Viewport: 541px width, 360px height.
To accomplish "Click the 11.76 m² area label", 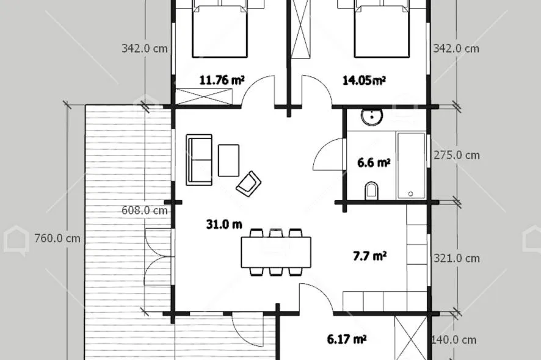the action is pos(222,81).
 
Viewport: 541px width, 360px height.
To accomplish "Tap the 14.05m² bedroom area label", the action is pos(364,81).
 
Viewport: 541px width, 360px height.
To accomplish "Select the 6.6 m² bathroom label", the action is pos(374,162).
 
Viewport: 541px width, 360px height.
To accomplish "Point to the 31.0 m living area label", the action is pos(224,225).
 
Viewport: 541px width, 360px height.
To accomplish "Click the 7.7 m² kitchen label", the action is pos(369,256).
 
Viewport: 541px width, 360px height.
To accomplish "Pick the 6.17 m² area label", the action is pos(346,339).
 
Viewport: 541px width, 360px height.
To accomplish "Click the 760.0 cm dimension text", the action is pos(57,238).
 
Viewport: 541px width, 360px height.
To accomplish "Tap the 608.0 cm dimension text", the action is pos(145,210).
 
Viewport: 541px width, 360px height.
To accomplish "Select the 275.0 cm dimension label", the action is pos(457,155).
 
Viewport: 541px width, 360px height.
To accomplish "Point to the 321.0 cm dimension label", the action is pos(457,258).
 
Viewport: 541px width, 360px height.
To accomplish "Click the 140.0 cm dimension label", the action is pos(454,340).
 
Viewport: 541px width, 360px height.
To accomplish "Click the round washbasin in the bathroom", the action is pos(372,117).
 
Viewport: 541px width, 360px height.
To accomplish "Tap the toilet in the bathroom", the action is pos(372,191).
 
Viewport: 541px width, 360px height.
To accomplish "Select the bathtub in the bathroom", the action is pos(411,165).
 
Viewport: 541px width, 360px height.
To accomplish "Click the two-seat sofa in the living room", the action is pos(199,160).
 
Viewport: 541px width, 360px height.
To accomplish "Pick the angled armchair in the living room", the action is pos(249,184).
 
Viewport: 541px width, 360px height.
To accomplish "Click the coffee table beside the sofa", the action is pos(229,160).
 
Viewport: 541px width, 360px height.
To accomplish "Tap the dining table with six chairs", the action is pos(276,252).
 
